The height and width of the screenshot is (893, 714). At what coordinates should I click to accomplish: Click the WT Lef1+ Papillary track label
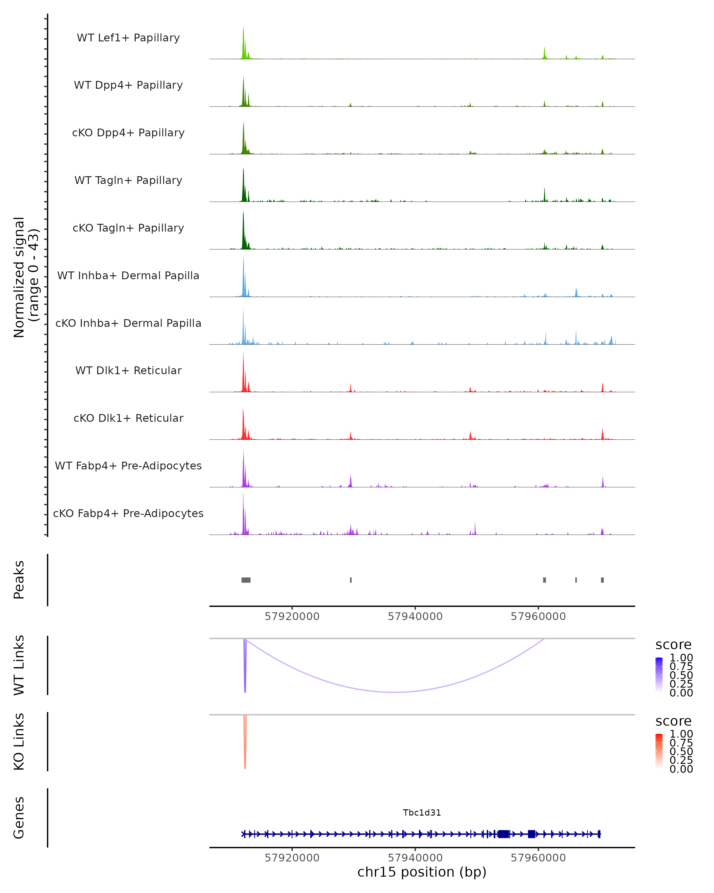(128, 38)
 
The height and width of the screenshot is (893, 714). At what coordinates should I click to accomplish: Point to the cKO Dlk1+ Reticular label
(128, 418)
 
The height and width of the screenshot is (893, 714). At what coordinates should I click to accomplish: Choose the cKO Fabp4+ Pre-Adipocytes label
(128, 513)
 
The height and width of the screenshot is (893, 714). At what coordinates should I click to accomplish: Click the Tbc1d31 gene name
(422, 813)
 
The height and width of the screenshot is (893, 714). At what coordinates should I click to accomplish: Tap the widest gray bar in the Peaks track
(246, 580)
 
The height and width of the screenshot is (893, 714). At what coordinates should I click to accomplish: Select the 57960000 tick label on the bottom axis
(538, 858)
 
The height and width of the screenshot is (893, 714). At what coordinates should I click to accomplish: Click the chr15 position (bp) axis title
(422, 872)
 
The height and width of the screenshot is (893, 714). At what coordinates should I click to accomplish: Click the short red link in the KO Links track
(245, 746)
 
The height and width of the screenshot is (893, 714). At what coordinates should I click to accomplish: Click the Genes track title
(19, 818)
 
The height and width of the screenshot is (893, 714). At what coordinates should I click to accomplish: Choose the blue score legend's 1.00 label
(681, 658)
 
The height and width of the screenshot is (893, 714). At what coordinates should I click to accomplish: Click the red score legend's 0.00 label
(681, 769)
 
